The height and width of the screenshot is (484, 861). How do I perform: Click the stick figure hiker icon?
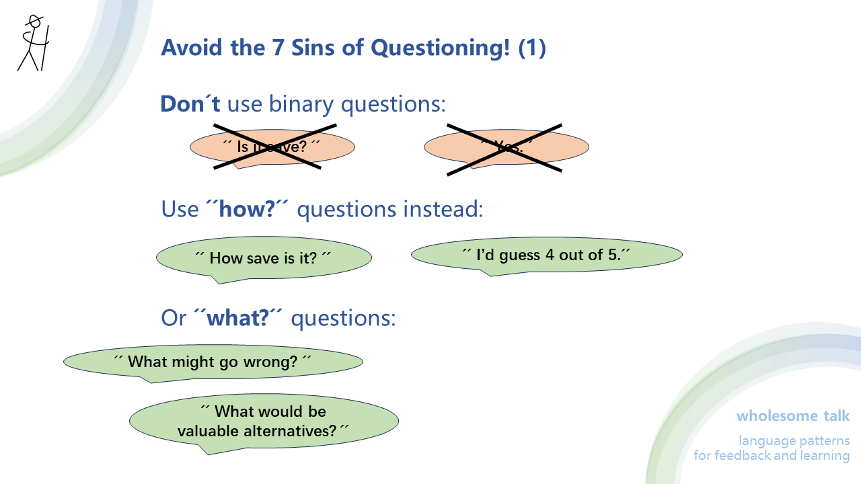33,43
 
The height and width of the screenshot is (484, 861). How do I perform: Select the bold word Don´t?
190,104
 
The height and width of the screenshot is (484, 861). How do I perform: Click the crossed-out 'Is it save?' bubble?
272,146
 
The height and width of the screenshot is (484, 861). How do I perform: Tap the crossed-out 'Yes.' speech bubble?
506,147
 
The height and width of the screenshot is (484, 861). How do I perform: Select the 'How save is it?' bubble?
264,257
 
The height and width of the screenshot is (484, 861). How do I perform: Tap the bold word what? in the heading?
238,317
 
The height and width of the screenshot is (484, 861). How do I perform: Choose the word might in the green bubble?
191,362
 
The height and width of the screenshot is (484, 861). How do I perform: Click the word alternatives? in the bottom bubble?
290,431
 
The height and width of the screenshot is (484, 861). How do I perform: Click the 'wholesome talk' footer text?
793,415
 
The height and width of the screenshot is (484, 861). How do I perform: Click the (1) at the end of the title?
532,48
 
